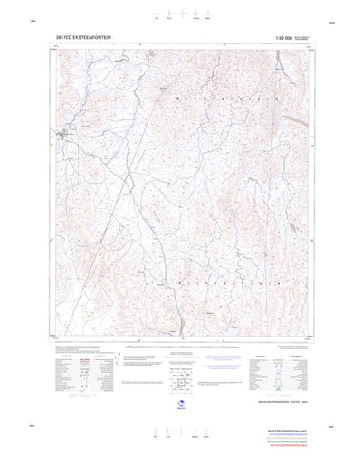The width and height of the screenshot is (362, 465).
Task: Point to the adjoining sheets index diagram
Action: [x=179, y=365]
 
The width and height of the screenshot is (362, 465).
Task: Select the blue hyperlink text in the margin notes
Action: [x=220, y=359]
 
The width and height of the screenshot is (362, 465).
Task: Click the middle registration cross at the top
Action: [x=182, y=14]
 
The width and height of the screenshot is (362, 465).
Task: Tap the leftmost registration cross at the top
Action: [x=157, y=14]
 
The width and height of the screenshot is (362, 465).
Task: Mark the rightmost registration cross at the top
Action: [x=207, y=14]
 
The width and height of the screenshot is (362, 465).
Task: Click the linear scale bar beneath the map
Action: [x=180, y=346]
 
